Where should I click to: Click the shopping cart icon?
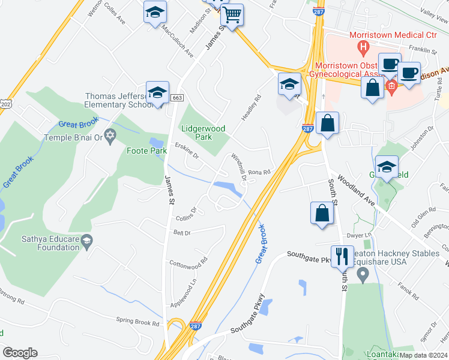point(232,15)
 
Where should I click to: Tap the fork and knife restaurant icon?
point(342,257)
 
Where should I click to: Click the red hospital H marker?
point(362,46)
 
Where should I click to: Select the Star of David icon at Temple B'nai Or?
point(109,137)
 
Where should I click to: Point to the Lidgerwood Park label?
point(203,132)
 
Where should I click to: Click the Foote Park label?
point(146,151)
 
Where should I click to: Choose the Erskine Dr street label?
point(187,151)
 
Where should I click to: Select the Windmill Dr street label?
point(238,167)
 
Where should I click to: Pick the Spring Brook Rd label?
point(138,322)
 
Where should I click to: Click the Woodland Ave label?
point(357,191)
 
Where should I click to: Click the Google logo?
point(20,352)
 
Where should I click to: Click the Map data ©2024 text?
point(423,355)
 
